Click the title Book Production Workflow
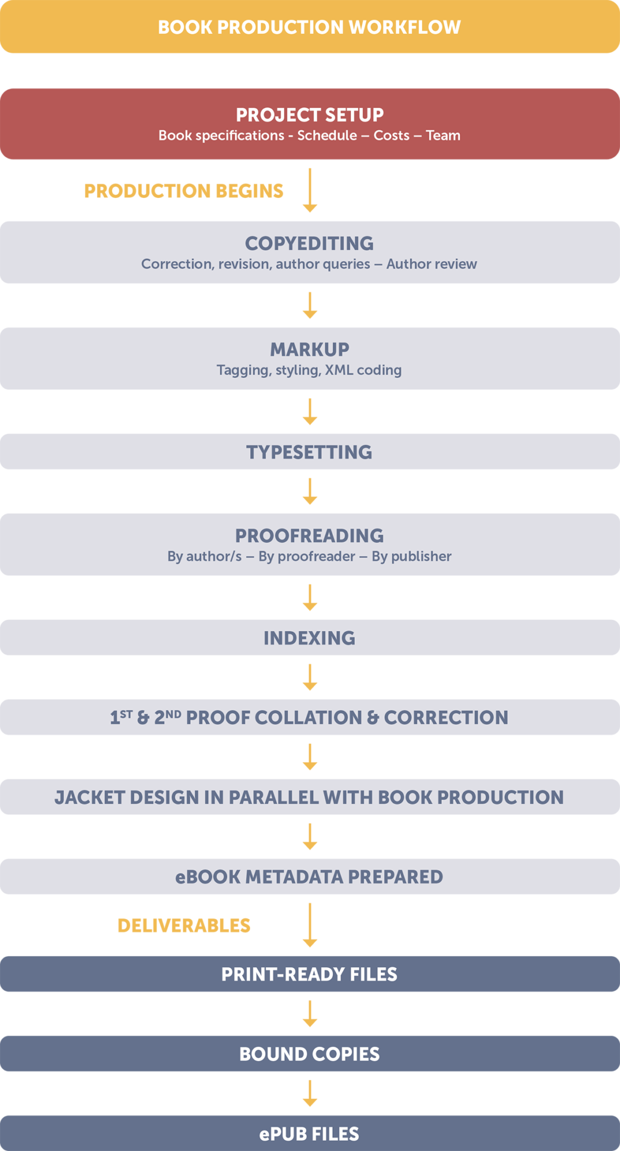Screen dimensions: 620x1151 309,27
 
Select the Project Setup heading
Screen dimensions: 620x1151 309,115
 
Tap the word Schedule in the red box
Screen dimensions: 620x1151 327,135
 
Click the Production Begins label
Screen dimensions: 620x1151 183,191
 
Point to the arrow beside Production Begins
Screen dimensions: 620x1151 310,190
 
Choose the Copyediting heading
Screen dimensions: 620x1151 309,243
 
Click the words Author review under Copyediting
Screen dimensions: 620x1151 432,264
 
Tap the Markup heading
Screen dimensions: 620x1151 309,349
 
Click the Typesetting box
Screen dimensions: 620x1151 310,451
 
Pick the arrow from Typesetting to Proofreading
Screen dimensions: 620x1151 310,492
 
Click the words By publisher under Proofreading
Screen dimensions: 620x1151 411,556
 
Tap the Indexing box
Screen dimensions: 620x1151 310,637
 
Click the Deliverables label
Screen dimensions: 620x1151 184,926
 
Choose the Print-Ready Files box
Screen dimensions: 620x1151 310,974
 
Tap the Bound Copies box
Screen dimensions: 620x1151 310,1053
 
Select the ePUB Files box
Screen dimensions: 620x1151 310,1133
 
